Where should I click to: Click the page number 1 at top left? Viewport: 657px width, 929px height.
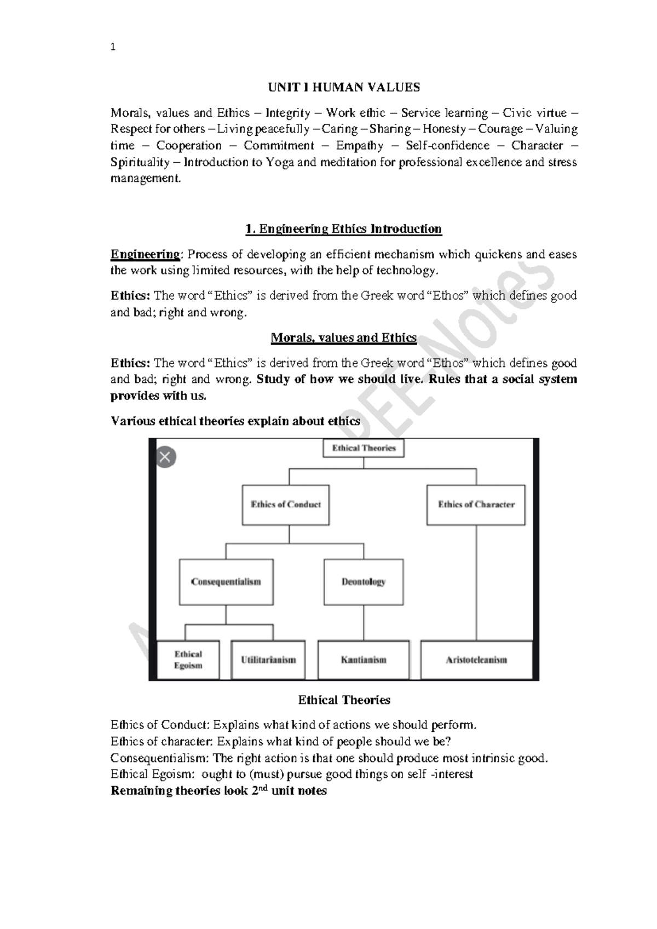(113, 47)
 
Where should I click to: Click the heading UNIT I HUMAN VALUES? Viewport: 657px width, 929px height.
(343, 87)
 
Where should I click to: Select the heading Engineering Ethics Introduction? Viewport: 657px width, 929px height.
(343, 228)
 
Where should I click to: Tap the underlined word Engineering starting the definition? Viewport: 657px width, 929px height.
(145, 254)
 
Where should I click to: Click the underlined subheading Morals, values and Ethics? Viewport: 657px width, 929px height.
(343, 338)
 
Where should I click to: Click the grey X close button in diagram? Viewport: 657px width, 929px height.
(166, 457)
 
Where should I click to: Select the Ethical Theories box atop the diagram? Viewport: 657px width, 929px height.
(364, 448)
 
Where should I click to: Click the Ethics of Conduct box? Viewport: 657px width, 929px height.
(286, 504)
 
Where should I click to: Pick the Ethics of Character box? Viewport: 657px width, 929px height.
(476, 504)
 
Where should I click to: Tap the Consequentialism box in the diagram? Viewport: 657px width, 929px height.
(226, 582)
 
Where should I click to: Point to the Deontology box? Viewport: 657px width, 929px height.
(364, 582)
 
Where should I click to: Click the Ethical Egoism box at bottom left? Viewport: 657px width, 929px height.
(188, 660)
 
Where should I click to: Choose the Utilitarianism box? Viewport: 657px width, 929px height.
(268, 660)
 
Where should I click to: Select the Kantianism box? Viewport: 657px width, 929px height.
(364, 660)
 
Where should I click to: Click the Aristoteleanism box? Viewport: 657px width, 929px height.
(476, 660)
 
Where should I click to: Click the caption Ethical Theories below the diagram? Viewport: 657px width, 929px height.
(344, 700)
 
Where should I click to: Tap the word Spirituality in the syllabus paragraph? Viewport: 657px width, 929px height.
(140, 162)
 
